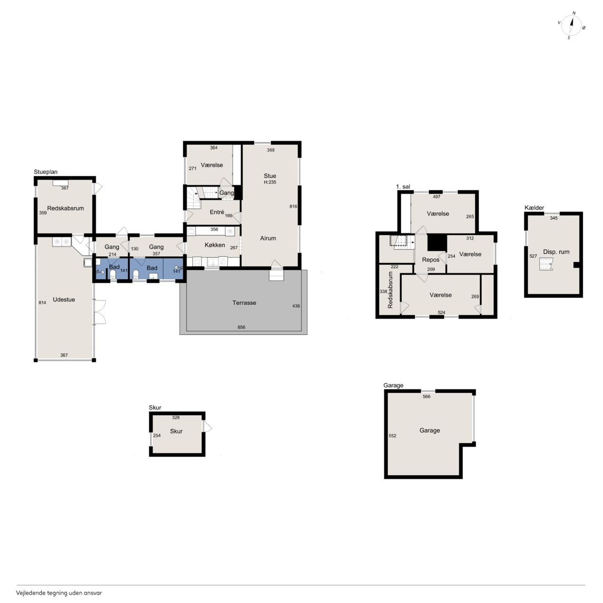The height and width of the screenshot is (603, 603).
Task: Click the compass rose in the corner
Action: pos(571,25)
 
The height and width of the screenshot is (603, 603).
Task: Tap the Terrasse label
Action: pos(244,302)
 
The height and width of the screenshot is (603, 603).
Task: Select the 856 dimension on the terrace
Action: pos(241,327)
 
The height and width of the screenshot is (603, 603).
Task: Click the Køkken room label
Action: pos(215,245)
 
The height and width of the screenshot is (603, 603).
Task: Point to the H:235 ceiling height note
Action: pos(270,182)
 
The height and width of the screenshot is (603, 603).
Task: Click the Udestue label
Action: pos(64,300)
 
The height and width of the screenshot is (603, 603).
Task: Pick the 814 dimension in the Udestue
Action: pos(42,302)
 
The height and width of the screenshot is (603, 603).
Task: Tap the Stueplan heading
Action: pos(46,172)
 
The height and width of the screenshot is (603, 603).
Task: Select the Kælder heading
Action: pos(534,208)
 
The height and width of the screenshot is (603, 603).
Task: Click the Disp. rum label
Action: pos(556,252)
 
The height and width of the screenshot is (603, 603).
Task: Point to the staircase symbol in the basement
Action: pos(546,264)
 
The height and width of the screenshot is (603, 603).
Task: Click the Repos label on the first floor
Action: pos(431,260)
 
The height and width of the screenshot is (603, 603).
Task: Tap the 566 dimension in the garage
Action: pos(426,397)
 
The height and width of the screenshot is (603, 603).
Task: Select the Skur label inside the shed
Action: pos(176,431)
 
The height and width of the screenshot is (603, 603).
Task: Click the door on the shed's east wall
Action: pos(207,426)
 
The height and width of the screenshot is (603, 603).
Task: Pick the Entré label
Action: pos(217,212)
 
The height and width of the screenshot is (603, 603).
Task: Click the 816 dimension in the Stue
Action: pos(293,206)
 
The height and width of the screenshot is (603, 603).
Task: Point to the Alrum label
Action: pos(268,238)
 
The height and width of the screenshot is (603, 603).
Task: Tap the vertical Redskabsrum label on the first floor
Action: pos(390,290)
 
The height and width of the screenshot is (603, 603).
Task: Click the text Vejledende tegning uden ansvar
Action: pos(59,593)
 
